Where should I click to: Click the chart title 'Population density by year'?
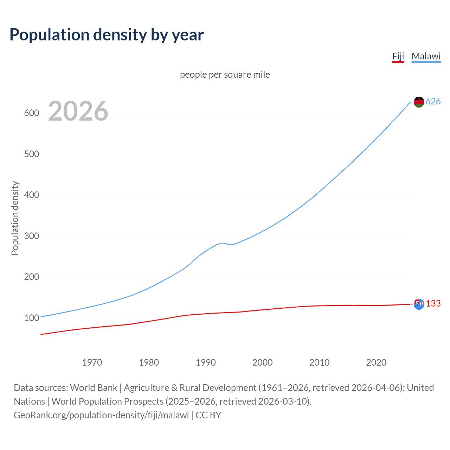(x=107, y=35)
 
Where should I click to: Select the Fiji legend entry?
(x=398, y=57)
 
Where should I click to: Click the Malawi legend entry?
(x=426, y=57)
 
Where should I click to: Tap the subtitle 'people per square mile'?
(x=225, y=75)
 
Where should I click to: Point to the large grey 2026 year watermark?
(x=78, y=111)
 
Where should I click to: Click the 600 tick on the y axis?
(x=31, y=113)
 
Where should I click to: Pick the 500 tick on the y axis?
(x=31, y=154)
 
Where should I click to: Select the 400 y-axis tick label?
(x=31, y=195)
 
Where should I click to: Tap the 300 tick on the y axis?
(x=31, y=236)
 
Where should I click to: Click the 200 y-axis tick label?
(x=31, y=277)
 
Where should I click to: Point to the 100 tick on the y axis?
(x=31, y=318)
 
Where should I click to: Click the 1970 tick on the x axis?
(x=92, y=362)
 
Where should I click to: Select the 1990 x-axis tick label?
(x=206, y=362)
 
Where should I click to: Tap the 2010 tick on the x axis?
(x=319, y=362)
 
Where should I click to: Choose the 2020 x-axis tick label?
(x=376, y=362)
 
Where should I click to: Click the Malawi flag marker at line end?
(x=419, y=102)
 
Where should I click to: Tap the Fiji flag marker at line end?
(x=419, y=304)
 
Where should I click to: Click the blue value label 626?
(x=433, y=102)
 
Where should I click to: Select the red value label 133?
(x=433, y=304)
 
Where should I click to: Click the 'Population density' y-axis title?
(x=15, y=218)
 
